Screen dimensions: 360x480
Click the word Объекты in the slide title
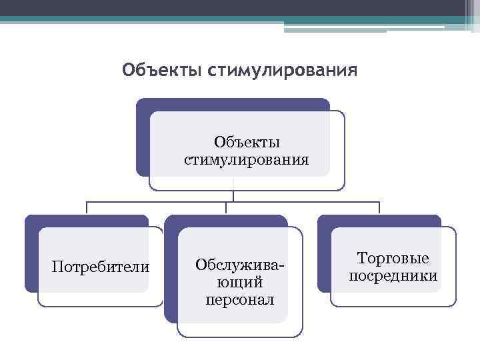point(162,69)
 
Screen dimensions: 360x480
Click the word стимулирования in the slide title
point(282,69)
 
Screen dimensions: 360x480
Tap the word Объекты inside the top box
point(247,143)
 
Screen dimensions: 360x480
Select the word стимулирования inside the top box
point(246,160)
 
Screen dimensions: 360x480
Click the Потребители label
point(101,267)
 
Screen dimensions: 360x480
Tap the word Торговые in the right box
point(393,258)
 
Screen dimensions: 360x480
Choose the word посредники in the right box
point(393,276)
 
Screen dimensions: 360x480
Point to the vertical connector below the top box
point(233,195)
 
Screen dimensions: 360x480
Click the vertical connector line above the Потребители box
point(87,208)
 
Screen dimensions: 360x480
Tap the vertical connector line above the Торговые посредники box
point(379,208)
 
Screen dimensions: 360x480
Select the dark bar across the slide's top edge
point(240,8)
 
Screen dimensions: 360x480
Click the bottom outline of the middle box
point(240,337)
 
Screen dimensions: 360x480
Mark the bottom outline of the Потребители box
point(101,306)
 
